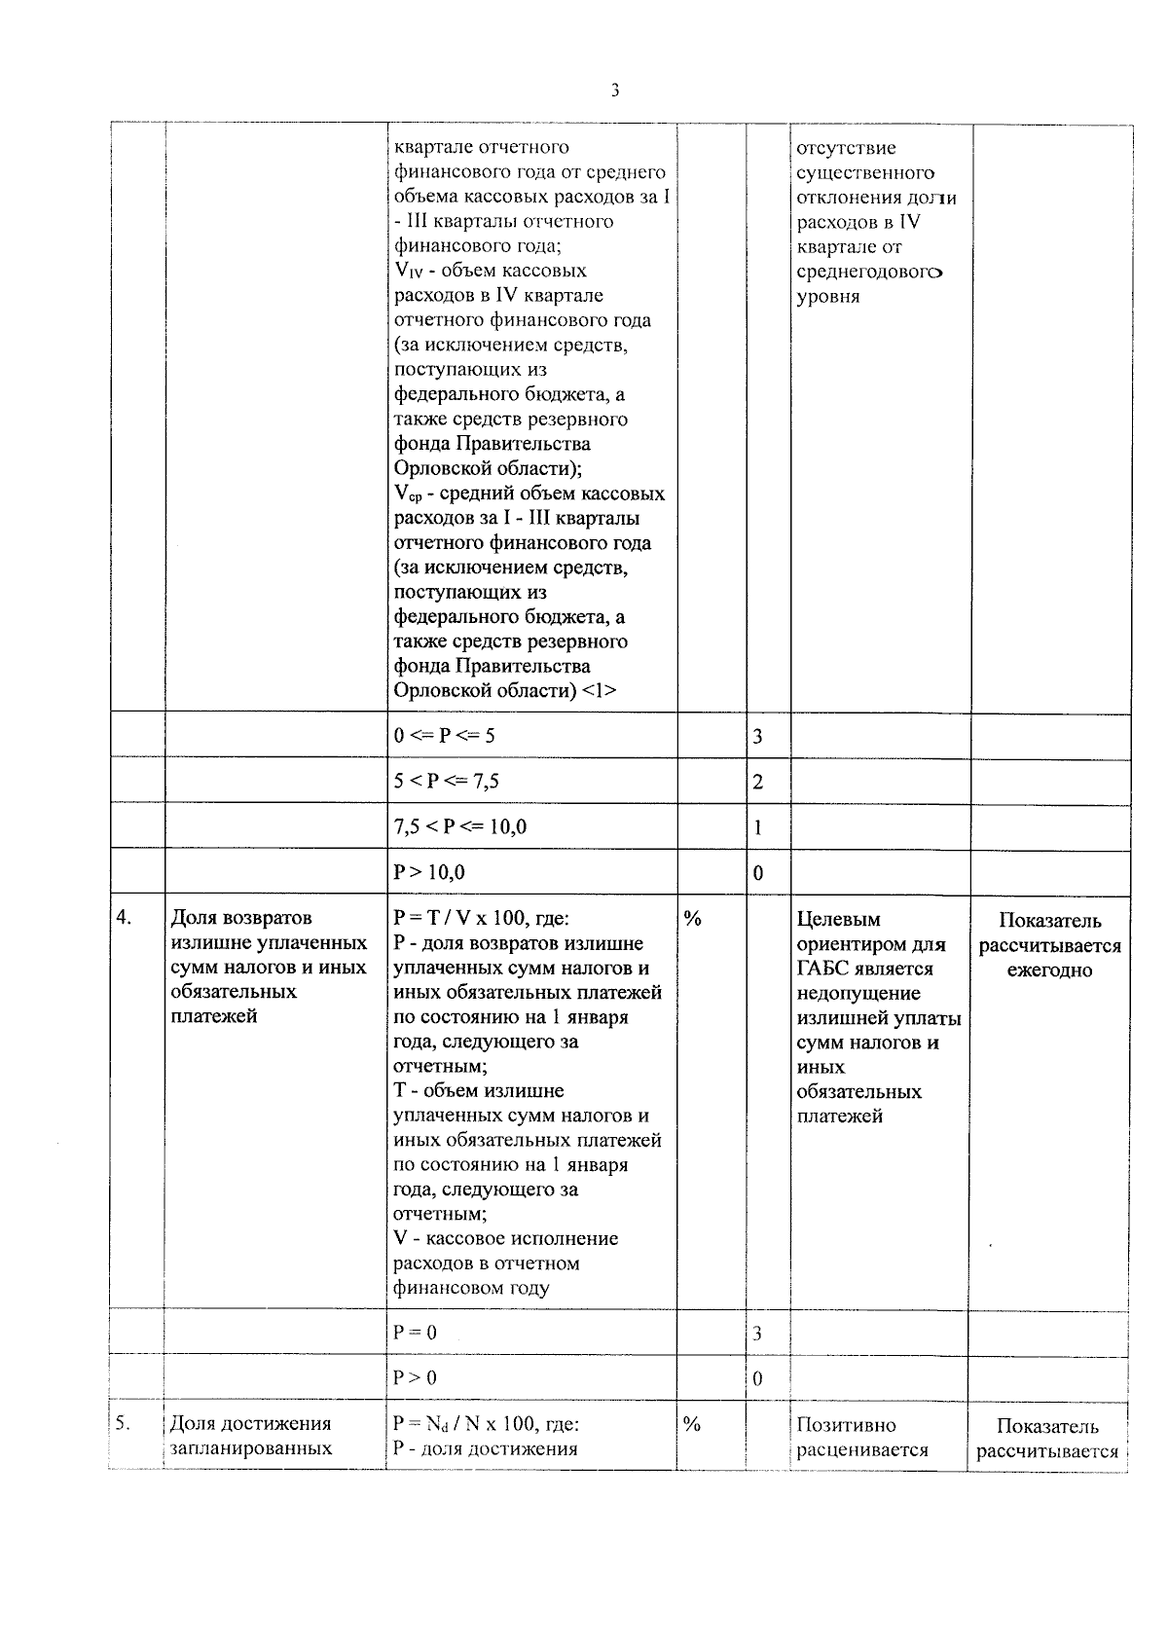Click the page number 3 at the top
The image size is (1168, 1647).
click(x=614, y=91)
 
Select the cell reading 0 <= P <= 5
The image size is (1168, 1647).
click(x=444, y=736)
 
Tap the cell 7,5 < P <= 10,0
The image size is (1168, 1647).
click(x=459, y=827)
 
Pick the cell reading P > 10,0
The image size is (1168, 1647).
click(x=429, y=873)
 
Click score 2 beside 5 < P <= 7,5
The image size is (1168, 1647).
click(x=758, y=783)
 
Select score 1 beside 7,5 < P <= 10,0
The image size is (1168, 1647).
click(x=758, y=828)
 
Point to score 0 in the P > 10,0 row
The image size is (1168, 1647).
click(x=758, y=874)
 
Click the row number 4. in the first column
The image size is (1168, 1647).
click(x=125, y=917)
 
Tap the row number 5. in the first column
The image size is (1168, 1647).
click(x=124, y=1423)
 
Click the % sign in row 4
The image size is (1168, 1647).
click(x=692, y=918)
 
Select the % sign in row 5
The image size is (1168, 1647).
click(x=692, y=1424)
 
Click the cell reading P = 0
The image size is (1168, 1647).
click(x=415, y=1333)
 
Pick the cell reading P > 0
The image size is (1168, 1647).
click(x=415, y=1378)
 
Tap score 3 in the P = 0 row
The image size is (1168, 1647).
click(x=757, y=1334)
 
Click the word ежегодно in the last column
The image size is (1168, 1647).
click(x=1049, y=970)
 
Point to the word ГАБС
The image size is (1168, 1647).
click(x=824, y=969)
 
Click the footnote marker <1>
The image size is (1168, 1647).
click(x=599, y=691)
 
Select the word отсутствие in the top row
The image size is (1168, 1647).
click(x=846, y=149)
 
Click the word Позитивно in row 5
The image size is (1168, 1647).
click(x=846, y=1425)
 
